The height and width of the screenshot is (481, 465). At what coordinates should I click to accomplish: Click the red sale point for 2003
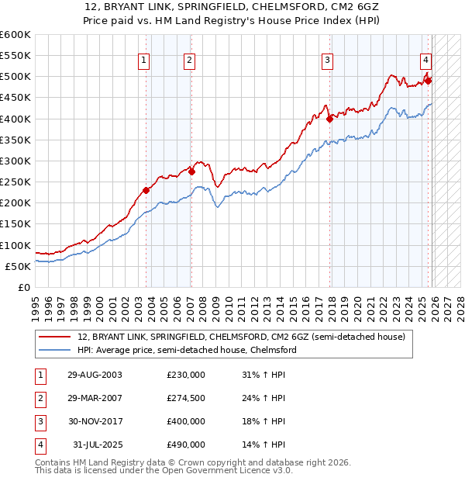(x=146, y=190)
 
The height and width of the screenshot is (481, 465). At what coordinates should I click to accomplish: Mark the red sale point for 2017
(x=329, y=119)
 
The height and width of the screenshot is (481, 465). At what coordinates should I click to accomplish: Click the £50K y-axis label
(x=18, y=266)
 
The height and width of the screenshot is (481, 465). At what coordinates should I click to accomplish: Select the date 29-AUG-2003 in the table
(x=95, y=375)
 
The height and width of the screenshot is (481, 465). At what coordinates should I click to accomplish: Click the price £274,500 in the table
(x=186, y=398)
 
